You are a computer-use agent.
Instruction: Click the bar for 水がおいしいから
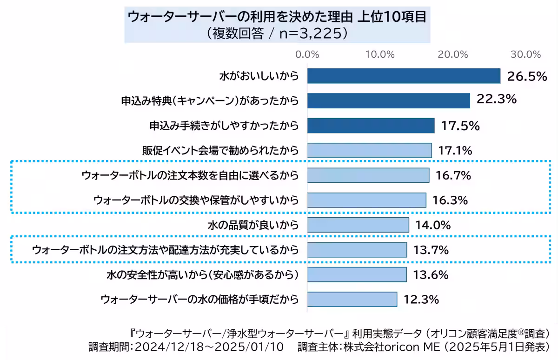click(404, 76)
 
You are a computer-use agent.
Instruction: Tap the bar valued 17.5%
click(371, 126)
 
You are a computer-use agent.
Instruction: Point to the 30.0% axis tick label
click(526, 54)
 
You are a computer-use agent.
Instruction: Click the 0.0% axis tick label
click(307, 54)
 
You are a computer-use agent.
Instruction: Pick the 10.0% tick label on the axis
click(380, 54)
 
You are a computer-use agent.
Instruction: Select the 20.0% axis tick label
click(452, 54)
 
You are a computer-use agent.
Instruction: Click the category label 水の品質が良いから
click(252, 226)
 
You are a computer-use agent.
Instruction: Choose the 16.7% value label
click(453, 176)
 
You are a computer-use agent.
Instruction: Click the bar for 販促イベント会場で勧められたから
click(369, 151)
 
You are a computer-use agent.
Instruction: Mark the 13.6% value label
click(431, 275)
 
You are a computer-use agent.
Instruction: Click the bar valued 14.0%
click(358, 226)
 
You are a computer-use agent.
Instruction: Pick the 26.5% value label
click(526, 76)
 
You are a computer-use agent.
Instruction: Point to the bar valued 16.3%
click(366, 200)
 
